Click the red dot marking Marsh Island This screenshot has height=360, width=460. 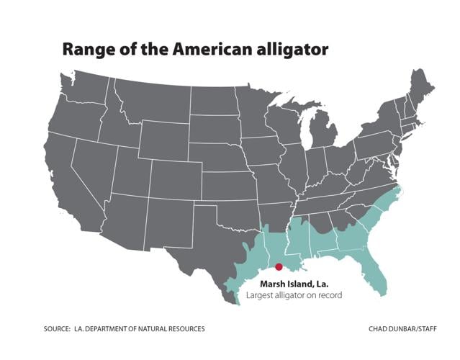pyautogui.click(x=279, y=267)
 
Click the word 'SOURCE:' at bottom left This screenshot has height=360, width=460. pyautogui.click(x=57, y=329)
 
